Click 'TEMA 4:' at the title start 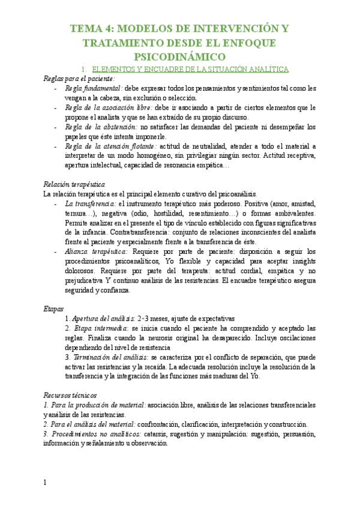pos(92,29)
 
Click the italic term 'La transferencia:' pos(91,203)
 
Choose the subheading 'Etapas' pos(53,309)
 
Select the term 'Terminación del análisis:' pos(106,357)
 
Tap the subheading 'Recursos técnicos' pos(70,396)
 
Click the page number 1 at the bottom pos(45,483)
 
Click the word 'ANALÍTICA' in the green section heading pos(266,69)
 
